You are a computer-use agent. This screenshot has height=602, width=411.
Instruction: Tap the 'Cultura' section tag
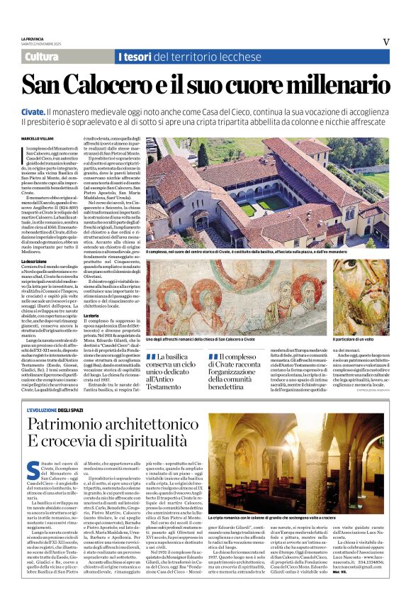tap(42, 57)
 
